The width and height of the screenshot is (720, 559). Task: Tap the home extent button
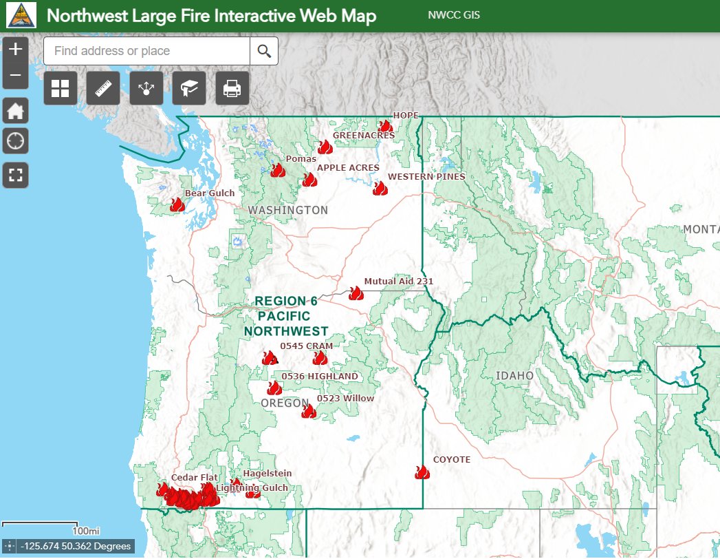pyautogui.click(x=16, y=110)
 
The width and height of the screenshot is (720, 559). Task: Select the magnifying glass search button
pyautogui.click(x=264, y=51)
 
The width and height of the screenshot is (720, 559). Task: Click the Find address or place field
pyautogui.click(x=146, y=51)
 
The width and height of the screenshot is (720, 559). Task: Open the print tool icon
pyautogui.click(x=232, y=88)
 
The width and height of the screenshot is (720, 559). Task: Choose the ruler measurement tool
pyautogui.click(x=103, y=88)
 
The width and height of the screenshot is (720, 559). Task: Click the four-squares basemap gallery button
pyautogui.click(x=61, y=88)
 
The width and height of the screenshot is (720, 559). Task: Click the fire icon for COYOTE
pyautogui.click(x=422, y=472)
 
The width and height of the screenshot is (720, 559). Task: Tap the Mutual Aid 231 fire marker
pyautogui.click(x=356, y=293)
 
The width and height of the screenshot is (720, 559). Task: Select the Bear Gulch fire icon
pyautogui.click(x=177, y=204)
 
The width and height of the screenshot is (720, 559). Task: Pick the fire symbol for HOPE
pyautogui.click(x=385, y=126)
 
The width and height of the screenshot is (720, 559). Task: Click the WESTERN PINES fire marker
pyautogui.click(x=380, y=188)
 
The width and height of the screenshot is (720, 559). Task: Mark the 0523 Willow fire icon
pyautogui.click(x=309, y=411)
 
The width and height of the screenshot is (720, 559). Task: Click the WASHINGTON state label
pyautogui.click(x=288, y=210)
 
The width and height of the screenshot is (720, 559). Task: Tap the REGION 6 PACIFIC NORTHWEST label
pyautogui.click(x=287, y=316)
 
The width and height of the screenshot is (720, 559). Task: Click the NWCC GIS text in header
pyautogui.click(x=454, y=16)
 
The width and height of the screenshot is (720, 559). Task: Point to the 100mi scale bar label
pyautogui.click(x=86, y=531)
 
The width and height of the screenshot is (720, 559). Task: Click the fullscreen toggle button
pyautogui.click(x=16, y=175)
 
